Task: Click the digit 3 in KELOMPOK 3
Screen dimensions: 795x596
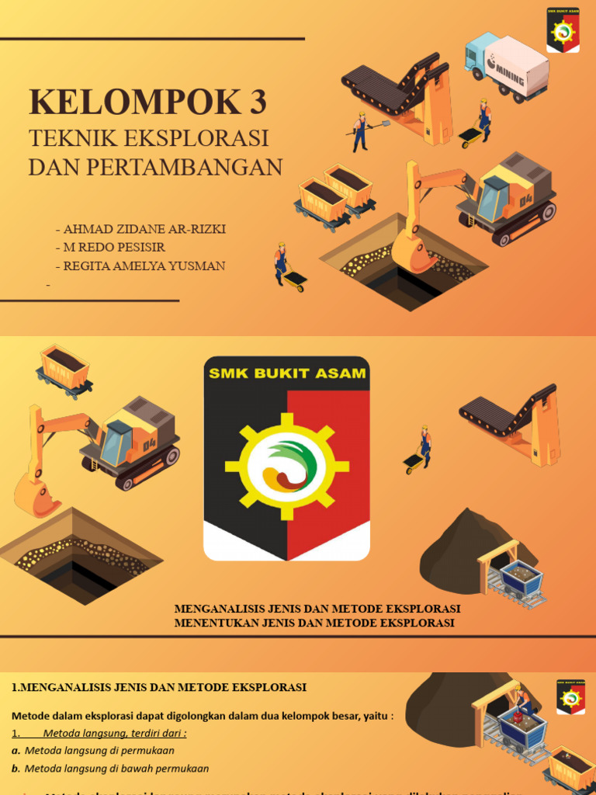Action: (255, 102)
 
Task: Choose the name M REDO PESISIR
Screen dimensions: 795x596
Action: (113, 248)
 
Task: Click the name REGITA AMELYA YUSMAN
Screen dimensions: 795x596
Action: (144, 266)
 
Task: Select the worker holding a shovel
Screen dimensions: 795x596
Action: (360, 132)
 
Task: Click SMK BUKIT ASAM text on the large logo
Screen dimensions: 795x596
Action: (287, 374)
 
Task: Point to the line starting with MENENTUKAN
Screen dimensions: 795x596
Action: (314, 623)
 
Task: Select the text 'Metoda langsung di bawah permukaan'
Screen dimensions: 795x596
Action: (116, 769)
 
